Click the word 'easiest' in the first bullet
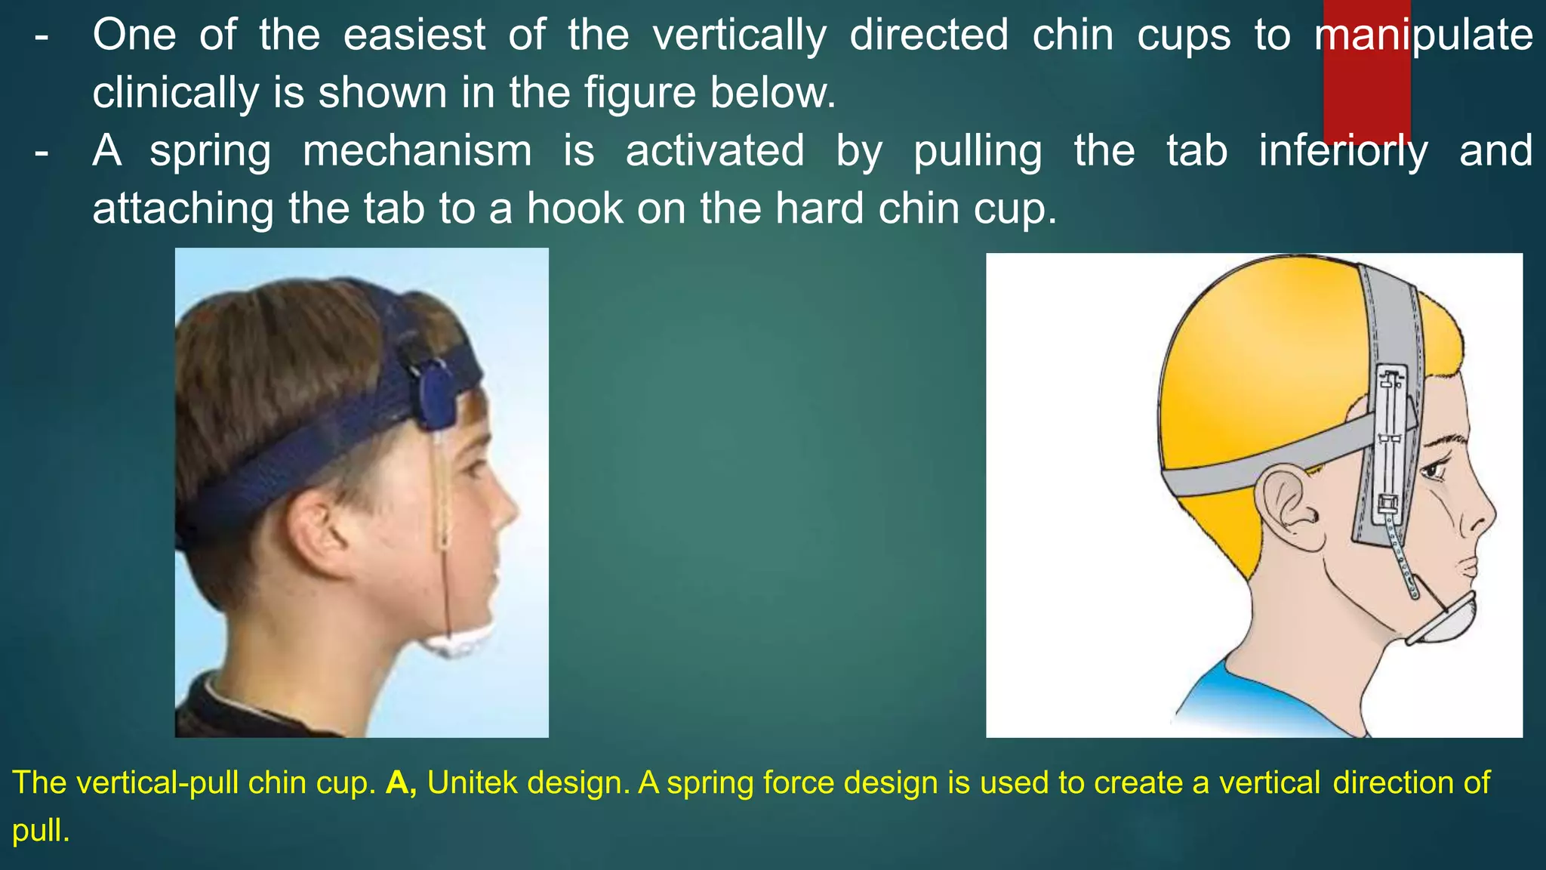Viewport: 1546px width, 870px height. coord(414,35)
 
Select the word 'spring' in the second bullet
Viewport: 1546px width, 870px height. coord(210,151)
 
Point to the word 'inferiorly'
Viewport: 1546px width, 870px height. coord(1343,151)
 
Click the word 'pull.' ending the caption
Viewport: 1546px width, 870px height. coord(41,831)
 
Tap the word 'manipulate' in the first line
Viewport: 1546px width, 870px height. coord(1424,35)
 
